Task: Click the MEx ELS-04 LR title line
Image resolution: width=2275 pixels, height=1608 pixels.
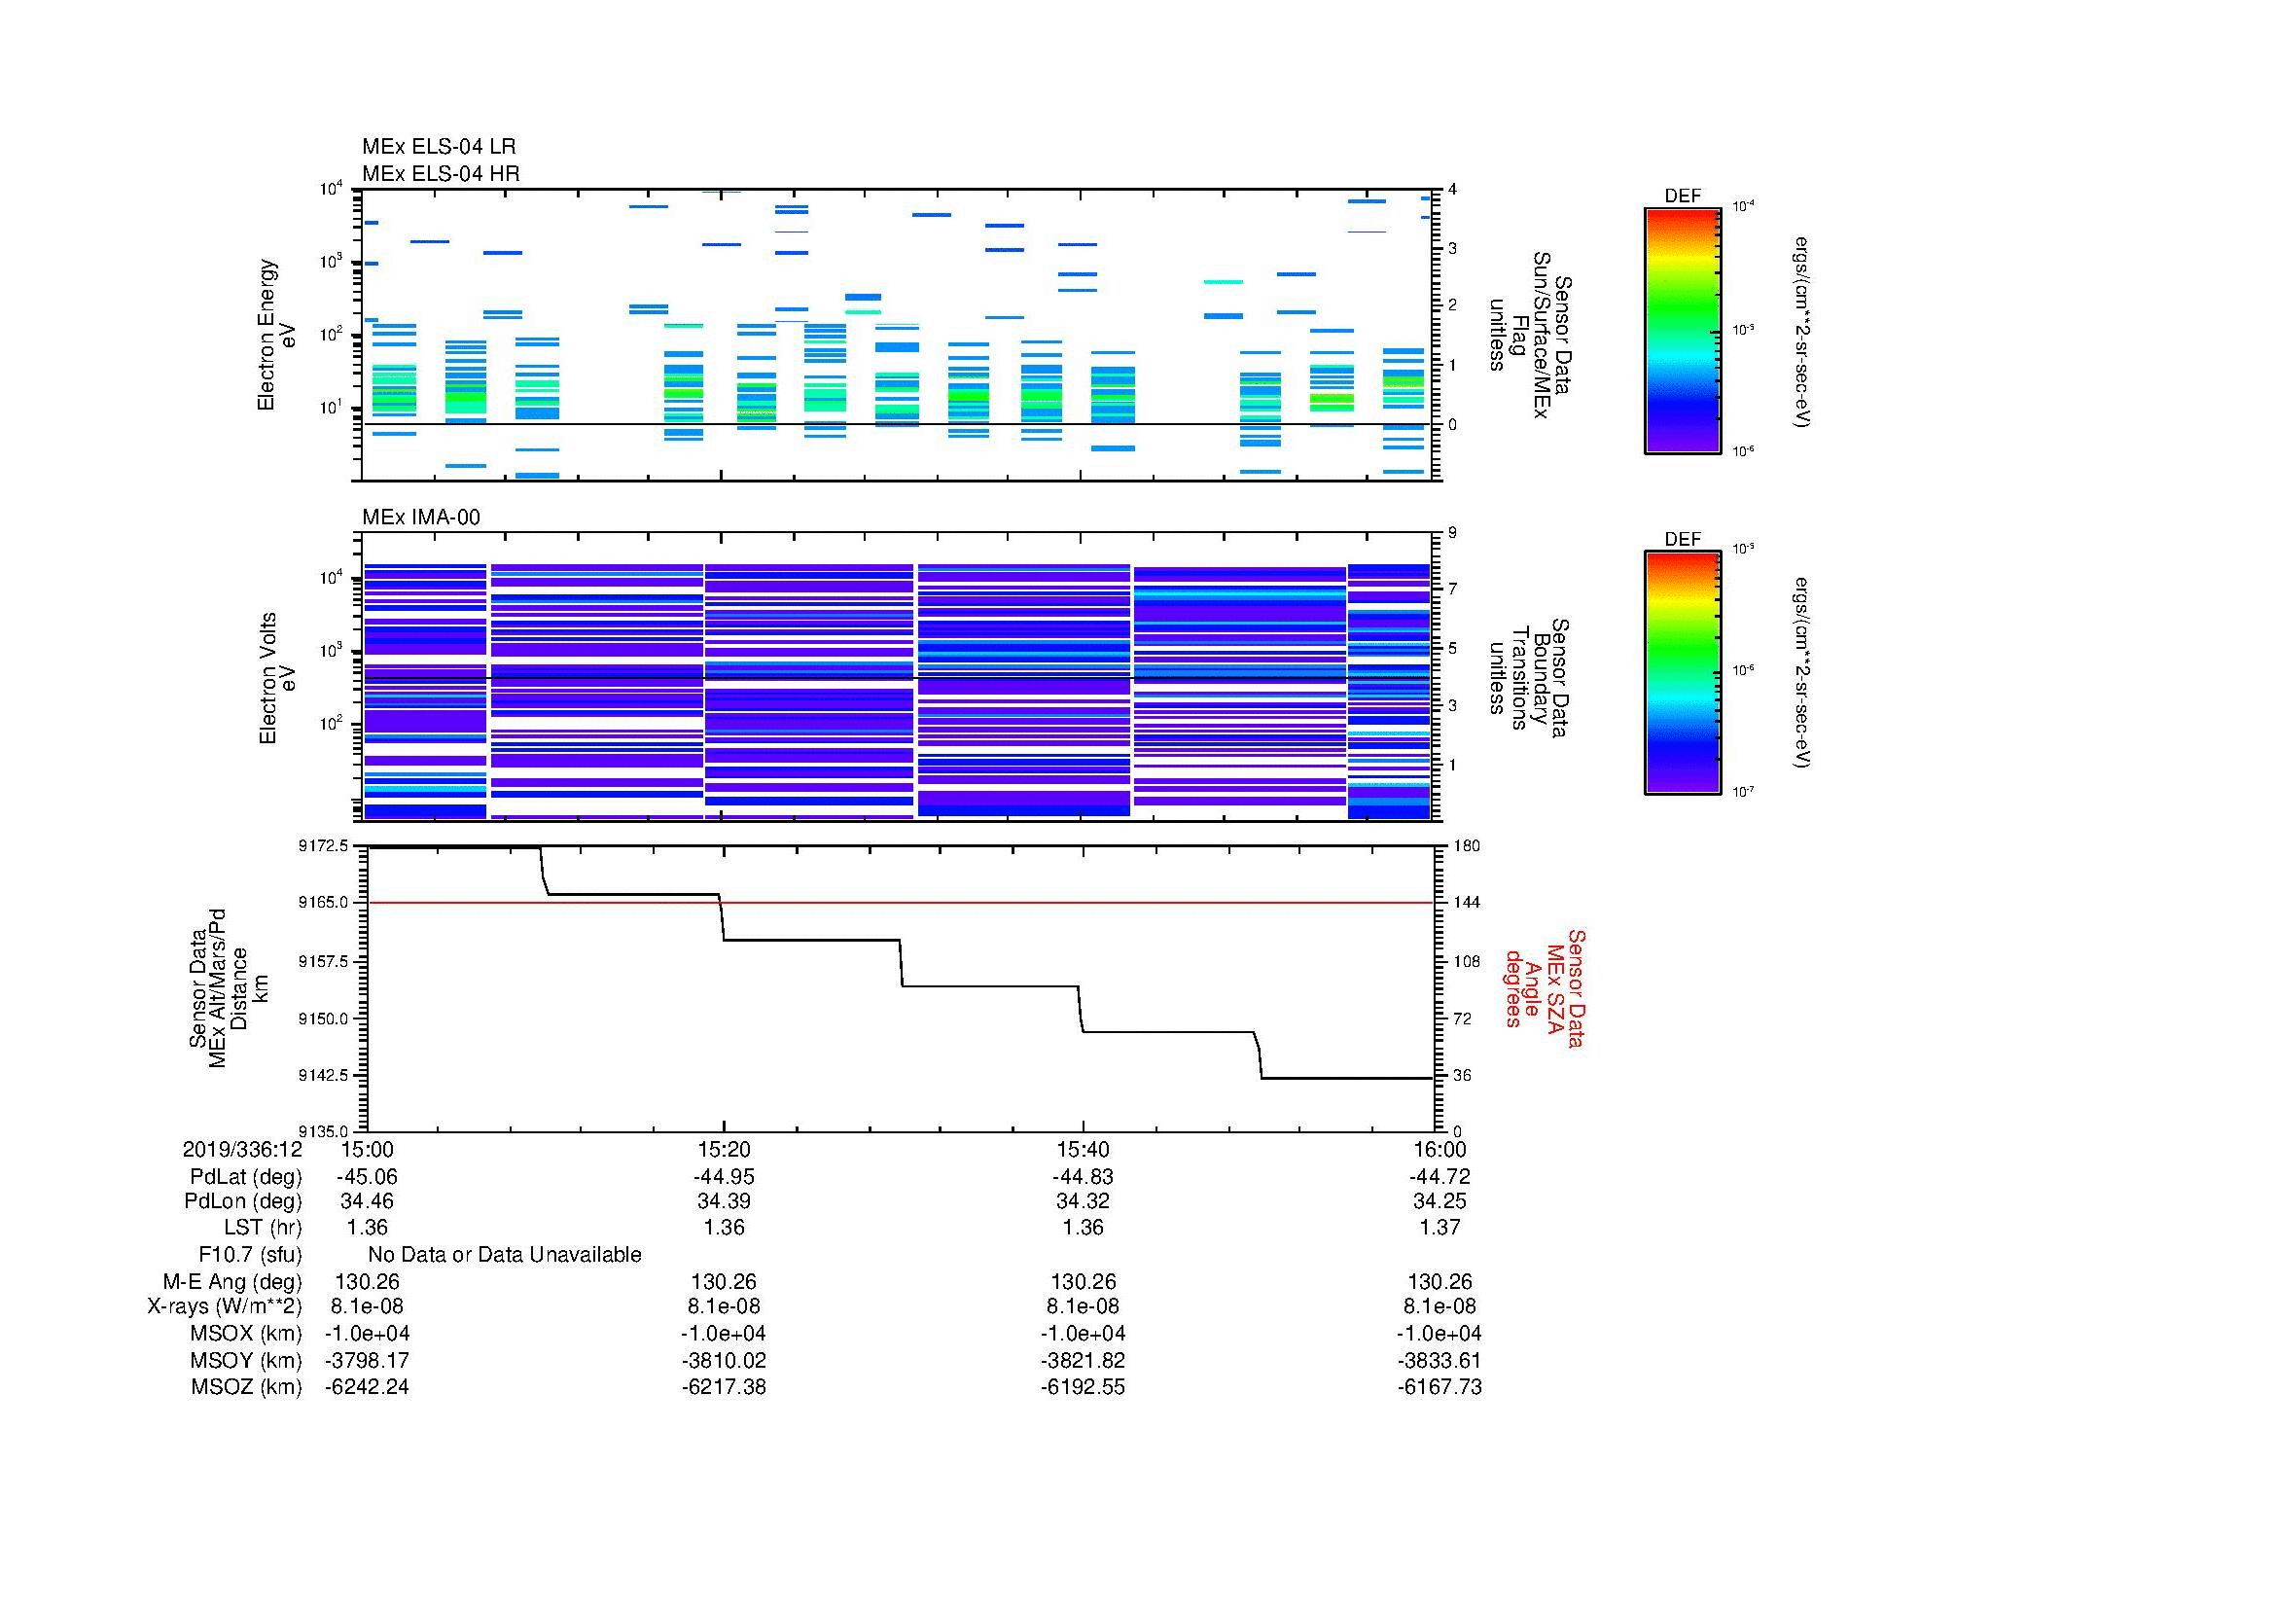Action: [x=438, y=147]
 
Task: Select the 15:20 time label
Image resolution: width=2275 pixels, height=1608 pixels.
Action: [x=724, y=1149]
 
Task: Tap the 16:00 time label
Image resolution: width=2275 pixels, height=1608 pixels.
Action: [x=1439, y=1149]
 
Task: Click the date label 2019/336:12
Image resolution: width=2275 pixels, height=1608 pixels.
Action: [x=242, y=1149]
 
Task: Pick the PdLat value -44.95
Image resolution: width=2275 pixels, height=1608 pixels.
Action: [x=724, y=1177]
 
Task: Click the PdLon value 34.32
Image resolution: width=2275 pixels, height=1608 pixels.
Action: [x=1082, y=1201]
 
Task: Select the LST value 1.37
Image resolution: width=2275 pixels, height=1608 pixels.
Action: [x=1439, y=1228]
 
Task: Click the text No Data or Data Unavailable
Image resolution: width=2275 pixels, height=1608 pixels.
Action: [x=505, y=1255]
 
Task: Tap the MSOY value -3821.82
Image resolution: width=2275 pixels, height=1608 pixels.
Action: [x=1082, y=1360]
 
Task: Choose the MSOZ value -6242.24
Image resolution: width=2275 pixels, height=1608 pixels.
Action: [x=367, y=1387]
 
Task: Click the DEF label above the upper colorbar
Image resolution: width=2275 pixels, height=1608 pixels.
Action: [x=1682, y=197]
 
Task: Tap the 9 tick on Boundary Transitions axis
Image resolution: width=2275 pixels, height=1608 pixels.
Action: [x=1452, y=533]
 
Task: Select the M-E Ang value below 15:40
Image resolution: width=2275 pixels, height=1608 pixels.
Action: [x=1082, y=1281]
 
